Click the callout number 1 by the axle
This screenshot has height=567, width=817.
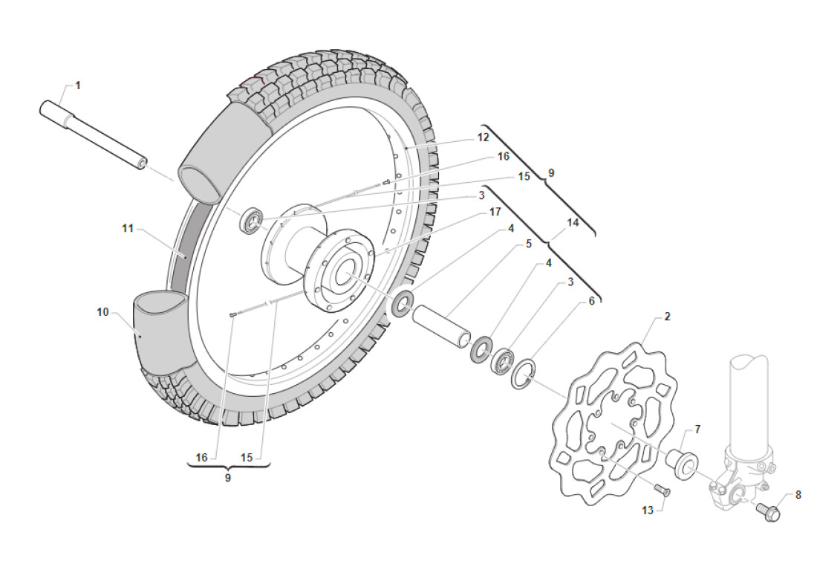[x=78, y=85]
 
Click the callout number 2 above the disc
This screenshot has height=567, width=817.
[x=667, y=317]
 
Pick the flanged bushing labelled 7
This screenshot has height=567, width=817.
[x=680, y=461]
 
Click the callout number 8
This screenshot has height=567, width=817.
[x=798, y=494]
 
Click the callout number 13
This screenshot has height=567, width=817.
[x=648, y=510]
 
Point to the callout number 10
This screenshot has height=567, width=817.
[x=102, y=312]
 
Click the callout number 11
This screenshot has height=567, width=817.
[x=128, y=228]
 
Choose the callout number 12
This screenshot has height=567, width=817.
[x=504, y=137]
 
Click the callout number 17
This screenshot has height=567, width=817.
[x=495, y=213]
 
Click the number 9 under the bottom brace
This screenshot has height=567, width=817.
[x=227, y=478]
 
